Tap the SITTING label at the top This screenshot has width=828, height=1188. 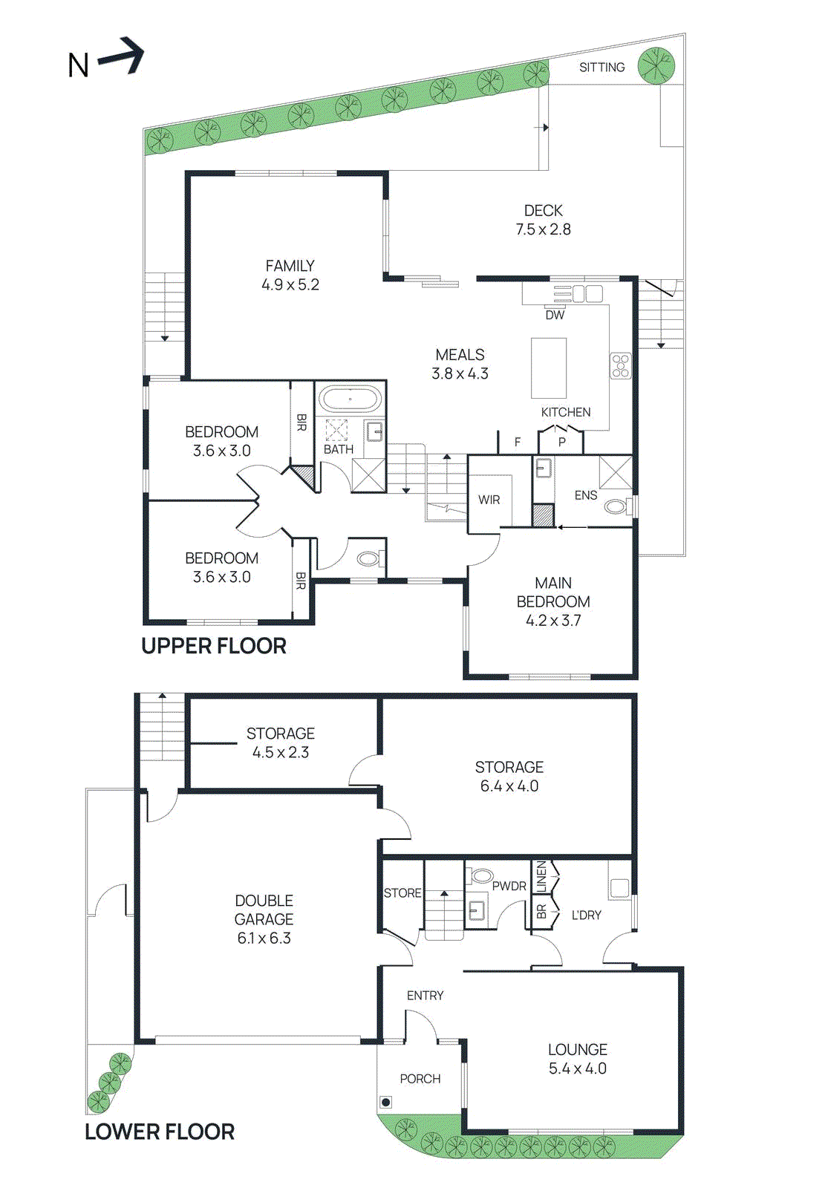click(x=602, y=68)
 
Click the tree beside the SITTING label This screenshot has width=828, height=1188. click(x=656, y=65)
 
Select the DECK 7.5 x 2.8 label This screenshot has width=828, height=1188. click(x=543, y=220)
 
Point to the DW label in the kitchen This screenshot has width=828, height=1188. click(x=555, y=315)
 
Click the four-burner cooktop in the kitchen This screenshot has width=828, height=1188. click(x=620, y=366)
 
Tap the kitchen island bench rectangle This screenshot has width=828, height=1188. click(x=549, y=368)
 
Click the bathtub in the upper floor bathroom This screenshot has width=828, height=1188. click(x=351, y=399)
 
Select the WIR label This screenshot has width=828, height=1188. click(x=489, y=500)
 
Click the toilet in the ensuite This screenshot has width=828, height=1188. click(x=616, y=507)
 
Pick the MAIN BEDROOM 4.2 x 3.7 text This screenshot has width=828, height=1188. click(x=553, y=601)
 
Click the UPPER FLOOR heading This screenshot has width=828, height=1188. click(x=214, y=646)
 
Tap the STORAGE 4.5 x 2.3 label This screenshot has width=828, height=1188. click(x=281, y=742)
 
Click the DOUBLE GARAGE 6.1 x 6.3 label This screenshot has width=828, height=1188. click(x=264, y=919)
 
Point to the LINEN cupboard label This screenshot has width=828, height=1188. click(x=541, y=877)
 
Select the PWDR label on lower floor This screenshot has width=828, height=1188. click(x=509, y=886)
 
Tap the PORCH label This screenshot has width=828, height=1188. click(x=420, y=1079)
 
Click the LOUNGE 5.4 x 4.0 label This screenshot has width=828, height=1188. click(x=577, y=1059)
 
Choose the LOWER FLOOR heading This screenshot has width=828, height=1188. click(x=160, y=1132)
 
